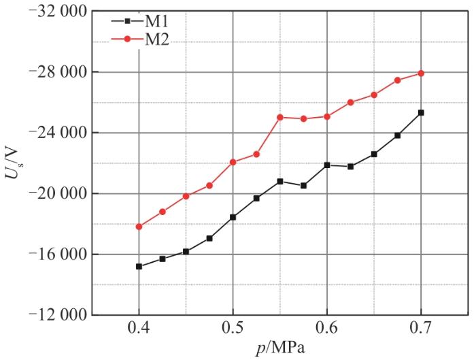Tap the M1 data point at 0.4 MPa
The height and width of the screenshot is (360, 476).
pos(139,266)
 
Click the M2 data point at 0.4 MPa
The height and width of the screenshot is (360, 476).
pos(139,227)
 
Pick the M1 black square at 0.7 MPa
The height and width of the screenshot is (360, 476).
pos(421,112)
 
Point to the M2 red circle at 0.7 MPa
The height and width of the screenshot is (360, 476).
pos(421,73)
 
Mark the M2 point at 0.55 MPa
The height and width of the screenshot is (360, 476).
pos(280,117)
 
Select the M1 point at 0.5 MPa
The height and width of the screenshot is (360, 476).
pos(233,217)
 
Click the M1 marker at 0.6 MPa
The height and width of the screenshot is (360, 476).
pos(327,165)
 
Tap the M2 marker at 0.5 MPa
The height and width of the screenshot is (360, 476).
pos(233,162)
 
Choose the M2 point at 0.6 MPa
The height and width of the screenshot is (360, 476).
pos(327,116)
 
